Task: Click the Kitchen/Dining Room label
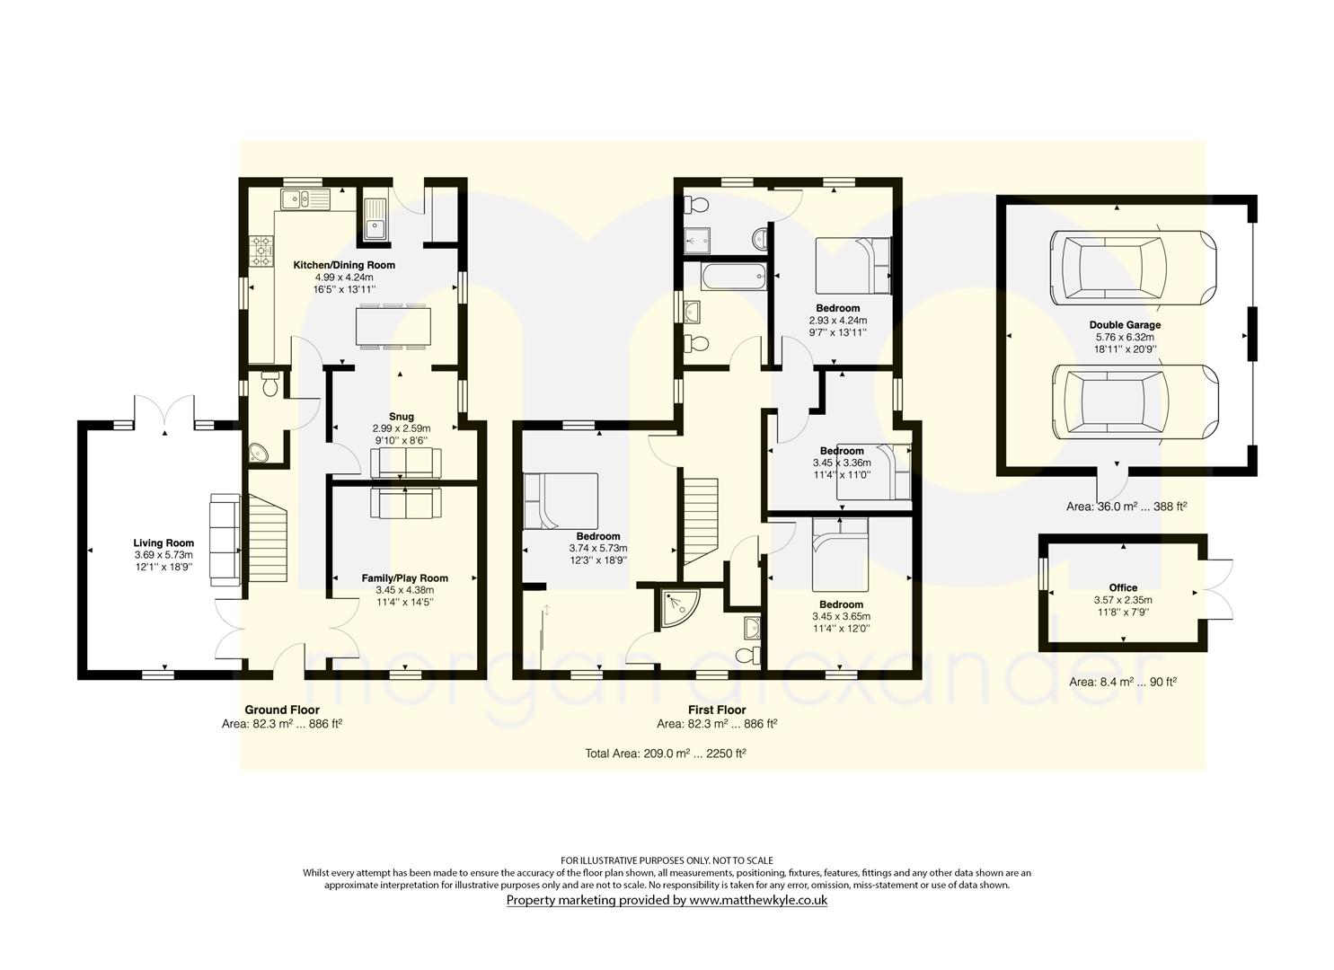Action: point(344,265)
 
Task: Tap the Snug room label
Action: point(401,416)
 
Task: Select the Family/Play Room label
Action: point(404,578)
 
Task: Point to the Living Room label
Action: point(163,543)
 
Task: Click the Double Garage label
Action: point(1125,325)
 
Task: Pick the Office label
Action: point(1123,587)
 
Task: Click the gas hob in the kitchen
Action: point(262,251)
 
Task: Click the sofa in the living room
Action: point(224,540)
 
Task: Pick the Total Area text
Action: point(666,754)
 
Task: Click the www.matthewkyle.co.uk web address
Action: point(758,900)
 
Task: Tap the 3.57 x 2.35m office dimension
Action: point(1123,600)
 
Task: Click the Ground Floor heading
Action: point(282,710)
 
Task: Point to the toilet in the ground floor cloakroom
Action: point(270,384)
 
